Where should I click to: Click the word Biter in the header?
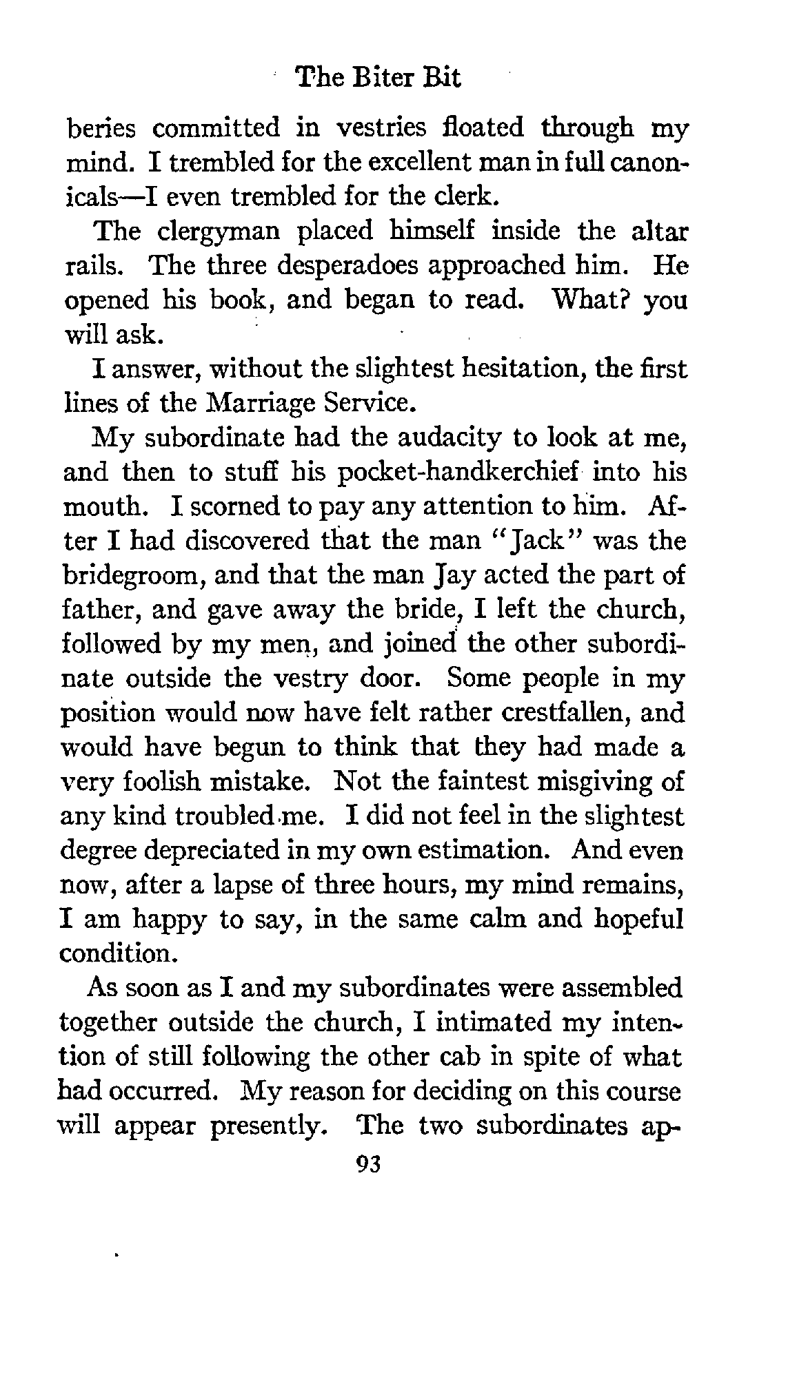tap(384, 78)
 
